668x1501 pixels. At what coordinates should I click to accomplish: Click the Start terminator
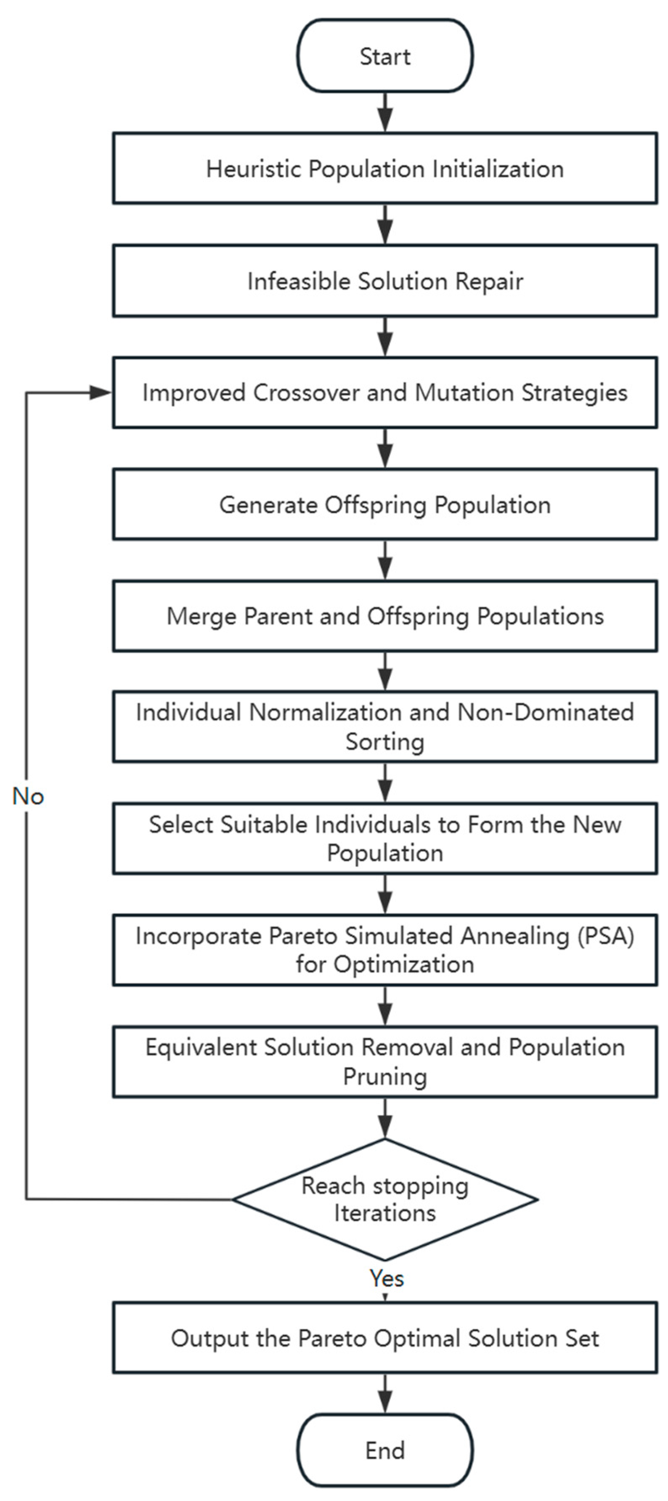pyautogui.click(x=385, y=56)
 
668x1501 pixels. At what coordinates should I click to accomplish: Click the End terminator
pyautogui.click(x=385, y=1450)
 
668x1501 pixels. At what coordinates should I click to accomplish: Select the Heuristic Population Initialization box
pyautogui.click(x=385, y=168)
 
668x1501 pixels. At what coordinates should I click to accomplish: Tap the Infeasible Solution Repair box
pyautogui.click(x=385, y=281)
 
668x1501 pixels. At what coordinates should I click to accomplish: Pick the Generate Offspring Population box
pyautogui.click(x=385, y=504)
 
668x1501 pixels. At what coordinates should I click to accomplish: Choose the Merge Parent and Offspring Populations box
pyautogui.click(x=385, y=616)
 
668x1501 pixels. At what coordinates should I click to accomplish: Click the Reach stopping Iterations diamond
pyautogui.click(x=385, y=1199)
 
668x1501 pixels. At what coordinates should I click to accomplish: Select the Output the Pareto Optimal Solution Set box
pyautogui.click(x=385, y=1338)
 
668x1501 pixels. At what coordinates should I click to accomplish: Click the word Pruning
pyautogui.click(x=385, y=1076)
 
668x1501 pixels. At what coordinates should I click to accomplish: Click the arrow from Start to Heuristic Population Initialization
pyautogui.click(x=385, y=112)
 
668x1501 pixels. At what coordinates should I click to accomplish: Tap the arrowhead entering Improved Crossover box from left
pyautogui.click(x=101, y=393)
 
